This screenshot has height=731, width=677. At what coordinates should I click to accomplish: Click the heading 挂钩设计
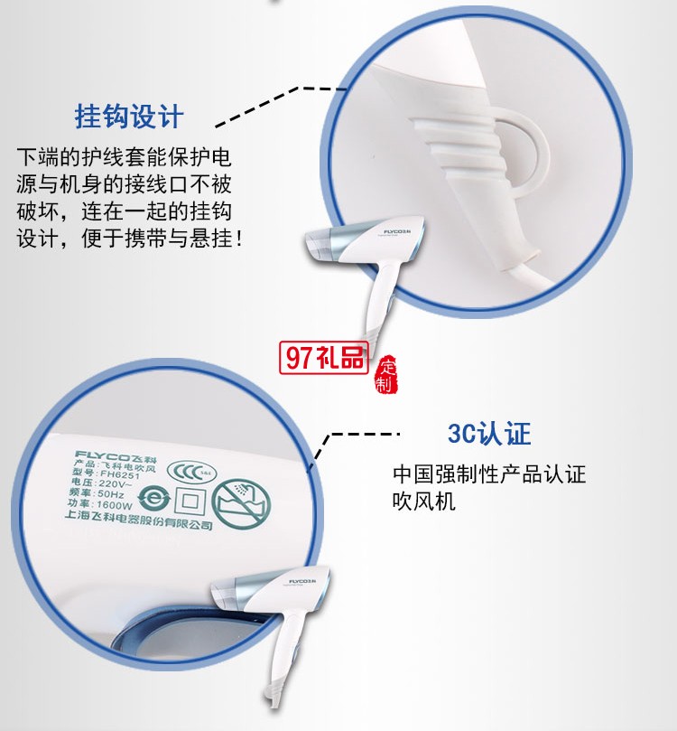[129, 117]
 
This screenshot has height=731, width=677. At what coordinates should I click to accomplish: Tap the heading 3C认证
[489, 433]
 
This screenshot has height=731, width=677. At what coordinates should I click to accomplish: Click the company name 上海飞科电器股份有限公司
[139, 522]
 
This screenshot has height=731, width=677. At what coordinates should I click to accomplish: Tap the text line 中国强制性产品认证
[489, 473]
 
